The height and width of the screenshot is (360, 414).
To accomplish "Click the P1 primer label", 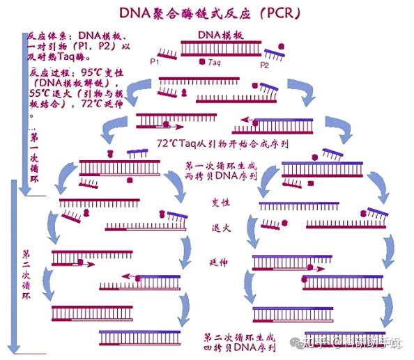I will pos(155,62).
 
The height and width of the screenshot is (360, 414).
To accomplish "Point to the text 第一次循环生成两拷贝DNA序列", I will pos(221,172).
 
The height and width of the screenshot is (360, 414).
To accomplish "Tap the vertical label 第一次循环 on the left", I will pos(34,160).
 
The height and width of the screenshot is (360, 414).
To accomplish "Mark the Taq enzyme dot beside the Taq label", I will pos(202,61).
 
